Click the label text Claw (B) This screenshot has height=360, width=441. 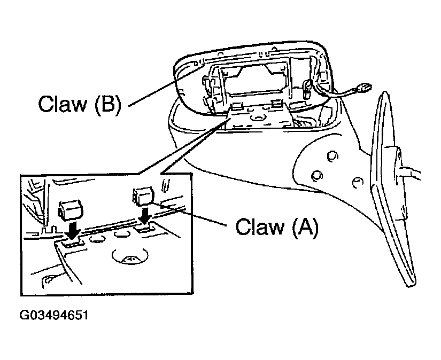click(x=79, y=104)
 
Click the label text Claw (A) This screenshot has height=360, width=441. click(x=277, y=227)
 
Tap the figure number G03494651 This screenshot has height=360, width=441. click(x=53, y=315)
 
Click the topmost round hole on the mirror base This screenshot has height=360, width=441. click(x=332, y=155)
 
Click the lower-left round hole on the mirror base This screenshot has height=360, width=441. click(x=316, y=175)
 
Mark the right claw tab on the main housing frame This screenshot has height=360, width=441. click(x=276, y=102)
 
